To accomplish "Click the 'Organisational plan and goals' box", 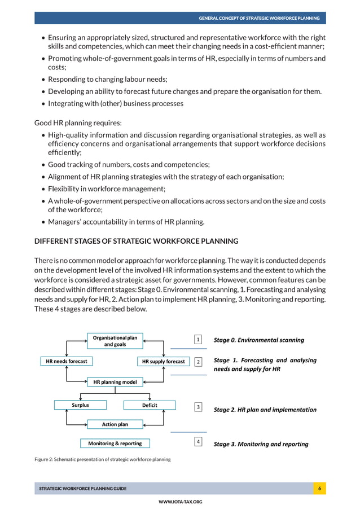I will [115, 341].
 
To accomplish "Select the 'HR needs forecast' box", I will [67, 361].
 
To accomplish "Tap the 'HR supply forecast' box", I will [163, 361].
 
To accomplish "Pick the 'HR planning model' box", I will [115, 382].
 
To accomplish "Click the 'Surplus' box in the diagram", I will [80, 405].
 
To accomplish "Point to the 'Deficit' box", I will [150, 405].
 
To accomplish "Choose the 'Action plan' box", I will [115, 424].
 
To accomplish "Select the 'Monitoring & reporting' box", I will [115, 444].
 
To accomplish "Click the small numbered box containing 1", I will [198, 340].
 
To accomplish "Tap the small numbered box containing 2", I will [198, 361].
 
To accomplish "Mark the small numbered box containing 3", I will [198, 406].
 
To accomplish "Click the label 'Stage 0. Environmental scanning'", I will [258, 340].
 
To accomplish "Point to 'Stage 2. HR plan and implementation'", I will [265, 410].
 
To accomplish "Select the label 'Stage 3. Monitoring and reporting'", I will [261, 444].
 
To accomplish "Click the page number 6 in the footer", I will [319, 488].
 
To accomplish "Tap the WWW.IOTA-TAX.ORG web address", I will [180, 502].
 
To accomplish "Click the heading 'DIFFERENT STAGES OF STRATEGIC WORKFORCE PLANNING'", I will [137, 241].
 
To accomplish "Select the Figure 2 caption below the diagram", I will [102, 459].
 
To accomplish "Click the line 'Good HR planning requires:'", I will [78, 122].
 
